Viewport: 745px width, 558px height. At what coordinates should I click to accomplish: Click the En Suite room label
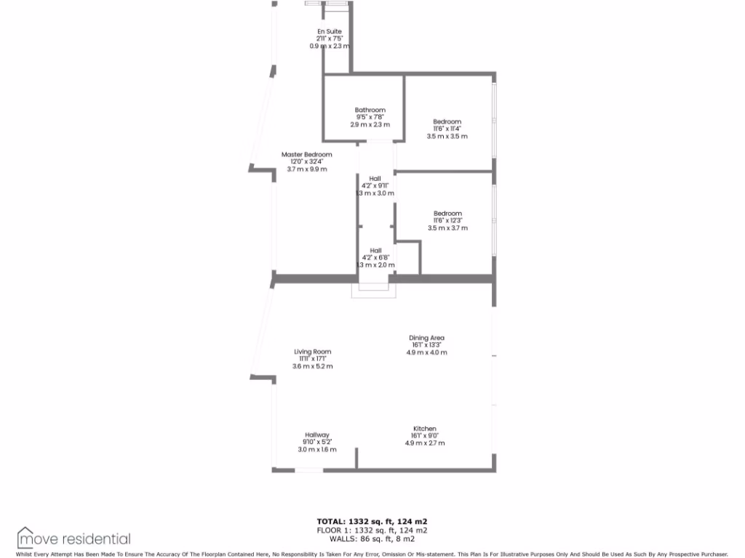tap(329, 31)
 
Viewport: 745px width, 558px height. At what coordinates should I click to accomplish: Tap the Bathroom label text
tap(370, 110)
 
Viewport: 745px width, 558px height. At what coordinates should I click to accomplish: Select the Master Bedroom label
tap(306, 155)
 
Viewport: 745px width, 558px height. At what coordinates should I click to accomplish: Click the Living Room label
tap(312, 352)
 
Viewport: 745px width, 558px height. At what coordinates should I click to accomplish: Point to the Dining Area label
tap(426, 338)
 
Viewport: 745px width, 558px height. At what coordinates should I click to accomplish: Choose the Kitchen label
tap(425, 429)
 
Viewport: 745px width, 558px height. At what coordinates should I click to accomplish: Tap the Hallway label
tap(317, 435)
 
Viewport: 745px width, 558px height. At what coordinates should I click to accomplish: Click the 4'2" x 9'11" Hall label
tap(375, 179)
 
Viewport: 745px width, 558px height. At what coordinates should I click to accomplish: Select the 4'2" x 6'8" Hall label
tap(375, 251)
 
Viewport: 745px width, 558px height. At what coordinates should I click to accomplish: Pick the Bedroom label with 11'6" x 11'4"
tap(447, 122)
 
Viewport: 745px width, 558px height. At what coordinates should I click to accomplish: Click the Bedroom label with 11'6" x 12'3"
tap(447, 214)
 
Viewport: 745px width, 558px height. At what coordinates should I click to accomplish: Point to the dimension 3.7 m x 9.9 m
tap(307, 169)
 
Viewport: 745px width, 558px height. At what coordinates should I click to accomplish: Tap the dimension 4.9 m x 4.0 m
tap(426, 352)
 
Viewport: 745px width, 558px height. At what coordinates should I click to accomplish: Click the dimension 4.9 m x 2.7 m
tap(425, 443)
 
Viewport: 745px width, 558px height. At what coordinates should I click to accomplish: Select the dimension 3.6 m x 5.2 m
tap(312, 367)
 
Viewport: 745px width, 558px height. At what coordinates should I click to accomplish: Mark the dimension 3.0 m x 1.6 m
tap(317, 450)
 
